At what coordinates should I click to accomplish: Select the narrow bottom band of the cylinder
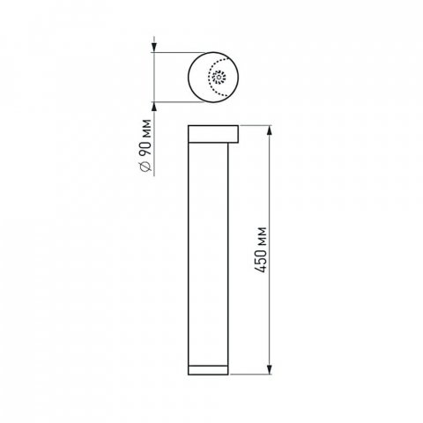tap(210, 367)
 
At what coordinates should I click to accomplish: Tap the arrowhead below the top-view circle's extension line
tap(156, 109)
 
